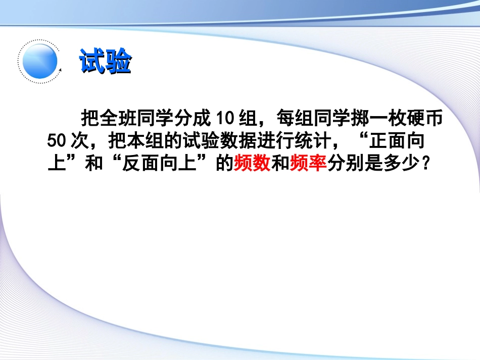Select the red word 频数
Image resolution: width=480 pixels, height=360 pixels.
pyautogui.click(x=252, y=164)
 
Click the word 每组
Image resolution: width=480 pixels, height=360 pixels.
pyautogui.click(x=295, y=119)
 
